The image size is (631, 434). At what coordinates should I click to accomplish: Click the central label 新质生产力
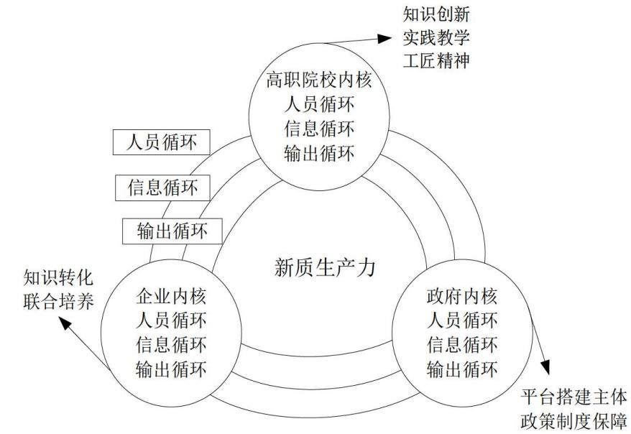pyautogui.click(x=325, y=267)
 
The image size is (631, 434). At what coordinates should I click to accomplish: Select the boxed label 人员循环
pyautogui.click(x=162, y=142)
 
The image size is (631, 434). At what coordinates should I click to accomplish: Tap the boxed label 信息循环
pyautogui.click(x=162, y=188)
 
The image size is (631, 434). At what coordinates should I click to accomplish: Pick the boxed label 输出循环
pyautogui.click(x=172, y=231)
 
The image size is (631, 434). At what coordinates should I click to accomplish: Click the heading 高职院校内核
pyautogui.click(x=319, y=80)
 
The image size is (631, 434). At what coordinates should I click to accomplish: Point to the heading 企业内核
pyautogui.click(x=172, y=297)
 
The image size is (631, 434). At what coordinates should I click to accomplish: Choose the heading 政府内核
pyautogui.click(x=462, y=297)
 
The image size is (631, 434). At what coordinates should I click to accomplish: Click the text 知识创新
pyautogui.click(x=436, y=14)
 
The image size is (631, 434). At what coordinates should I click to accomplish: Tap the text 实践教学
pyautogui.click(x=436, y=37)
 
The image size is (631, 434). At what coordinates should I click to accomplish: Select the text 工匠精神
pyautogui.click(x=436, y=61)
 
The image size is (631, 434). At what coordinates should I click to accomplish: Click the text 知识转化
pyautogui.click(x=58, y=277)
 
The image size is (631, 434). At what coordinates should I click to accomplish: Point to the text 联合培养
pyautogui.click(x=58, y=301)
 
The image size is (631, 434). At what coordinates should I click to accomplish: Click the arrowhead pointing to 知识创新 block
pyautogui.click(x=384, y=38)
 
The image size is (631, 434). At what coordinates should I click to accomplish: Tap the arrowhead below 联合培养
pyautogui.click(x=65, y=323)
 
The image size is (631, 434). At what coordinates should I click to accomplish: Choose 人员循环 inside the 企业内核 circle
pyautogui.click(x=172, y=321)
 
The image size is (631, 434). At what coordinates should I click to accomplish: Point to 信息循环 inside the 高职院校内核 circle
pyautogui.click(x=319, y=129)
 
